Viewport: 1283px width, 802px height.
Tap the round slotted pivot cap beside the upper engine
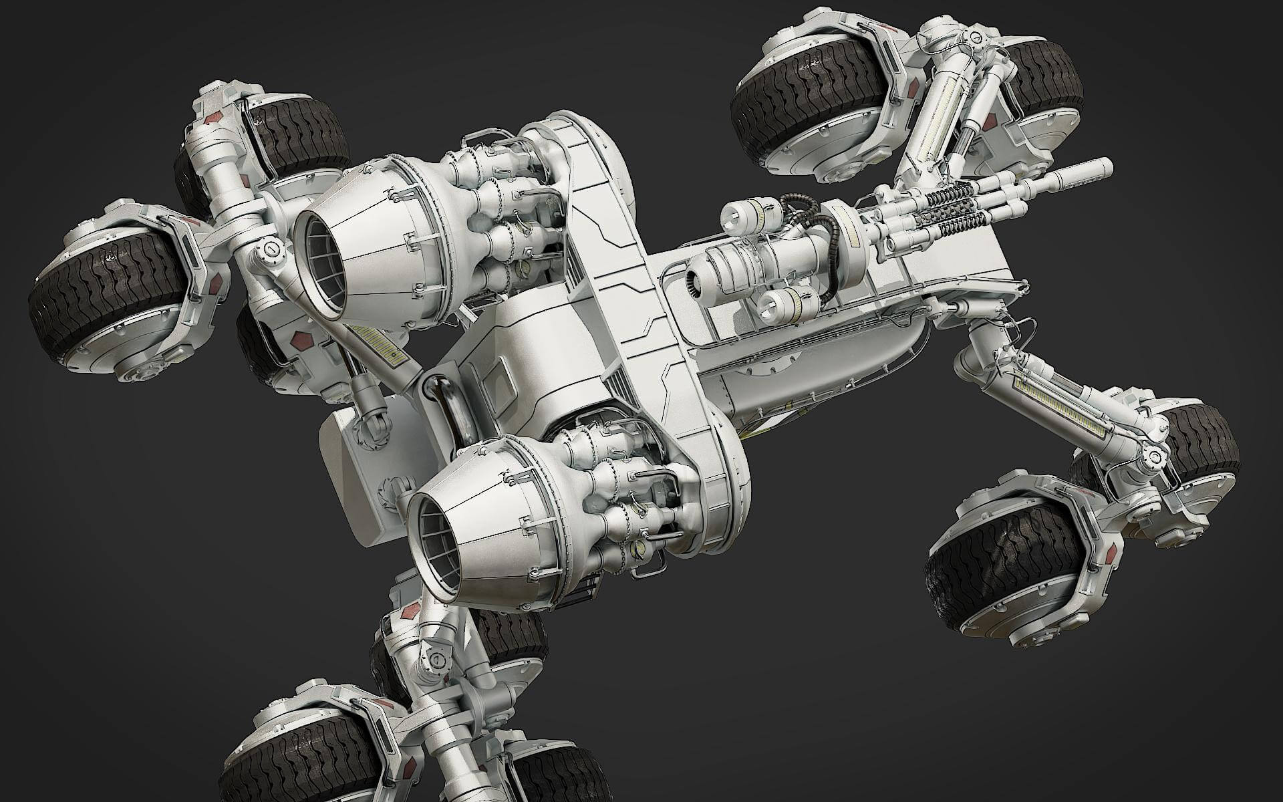(x=271, y=249)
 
